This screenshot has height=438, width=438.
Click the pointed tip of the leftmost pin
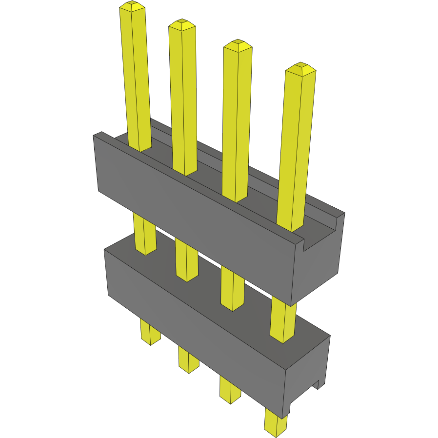pyautogui.click(x=133, y=6)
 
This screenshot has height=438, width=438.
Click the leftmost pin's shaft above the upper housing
pyautogui.click(x=136, y=78)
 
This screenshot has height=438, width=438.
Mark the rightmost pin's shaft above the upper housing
pyautogui.click(x=296, y=146)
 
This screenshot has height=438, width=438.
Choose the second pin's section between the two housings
pyautogui.click(x=186, y=261)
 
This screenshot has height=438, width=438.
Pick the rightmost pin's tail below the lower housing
pyautogui.click(x=276, y=422)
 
